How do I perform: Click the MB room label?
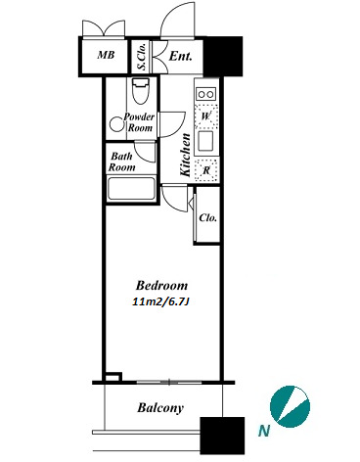pyautogui.click(x=106, y=55)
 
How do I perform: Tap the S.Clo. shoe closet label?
pyautogui.click(x=142, y=56)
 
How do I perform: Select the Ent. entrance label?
pyautogui.click(x=180, y=56)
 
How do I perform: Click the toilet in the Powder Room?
pyautogui.click(x=141, y=91)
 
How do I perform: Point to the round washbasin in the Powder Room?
pyautogui.click(x=116, y=124)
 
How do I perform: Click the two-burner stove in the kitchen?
pyautogui.click(x=206, y=94)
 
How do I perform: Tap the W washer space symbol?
pyautogui.click(x=205, y=116)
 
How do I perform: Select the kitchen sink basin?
pyautogui.click(x=205, y=141)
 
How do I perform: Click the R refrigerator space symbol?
pyautogui.click(x=206, y=170)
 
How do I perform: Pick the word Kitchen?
pyautogui.click(x=185, y=155)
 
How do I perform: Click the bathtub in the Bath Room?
pyautogui.click(x=131, y=189)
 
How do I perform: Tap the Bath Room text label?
pyautogui.click(x=122, y=162)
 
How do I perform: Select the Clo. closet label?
pyautogui.click(x=207, y=217)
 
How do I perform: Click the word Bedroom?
pyautogui.click(x=161, y=286)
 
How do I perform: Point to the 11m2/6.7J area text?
pyautogui.click(x=161, y=302)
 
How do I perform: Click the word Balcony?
pyautogui.click(x=160, y=408)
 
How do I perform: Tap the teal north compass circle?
pyautogui.click(x=290, y=406)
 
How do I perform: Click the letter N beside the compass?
pyautogui.click(x=264, y=432)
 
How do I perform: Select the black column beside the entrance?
pyautogui.click(x=223, y=56)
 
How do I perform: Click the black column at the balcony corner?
pyautogui.click(x=222, y=436)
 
